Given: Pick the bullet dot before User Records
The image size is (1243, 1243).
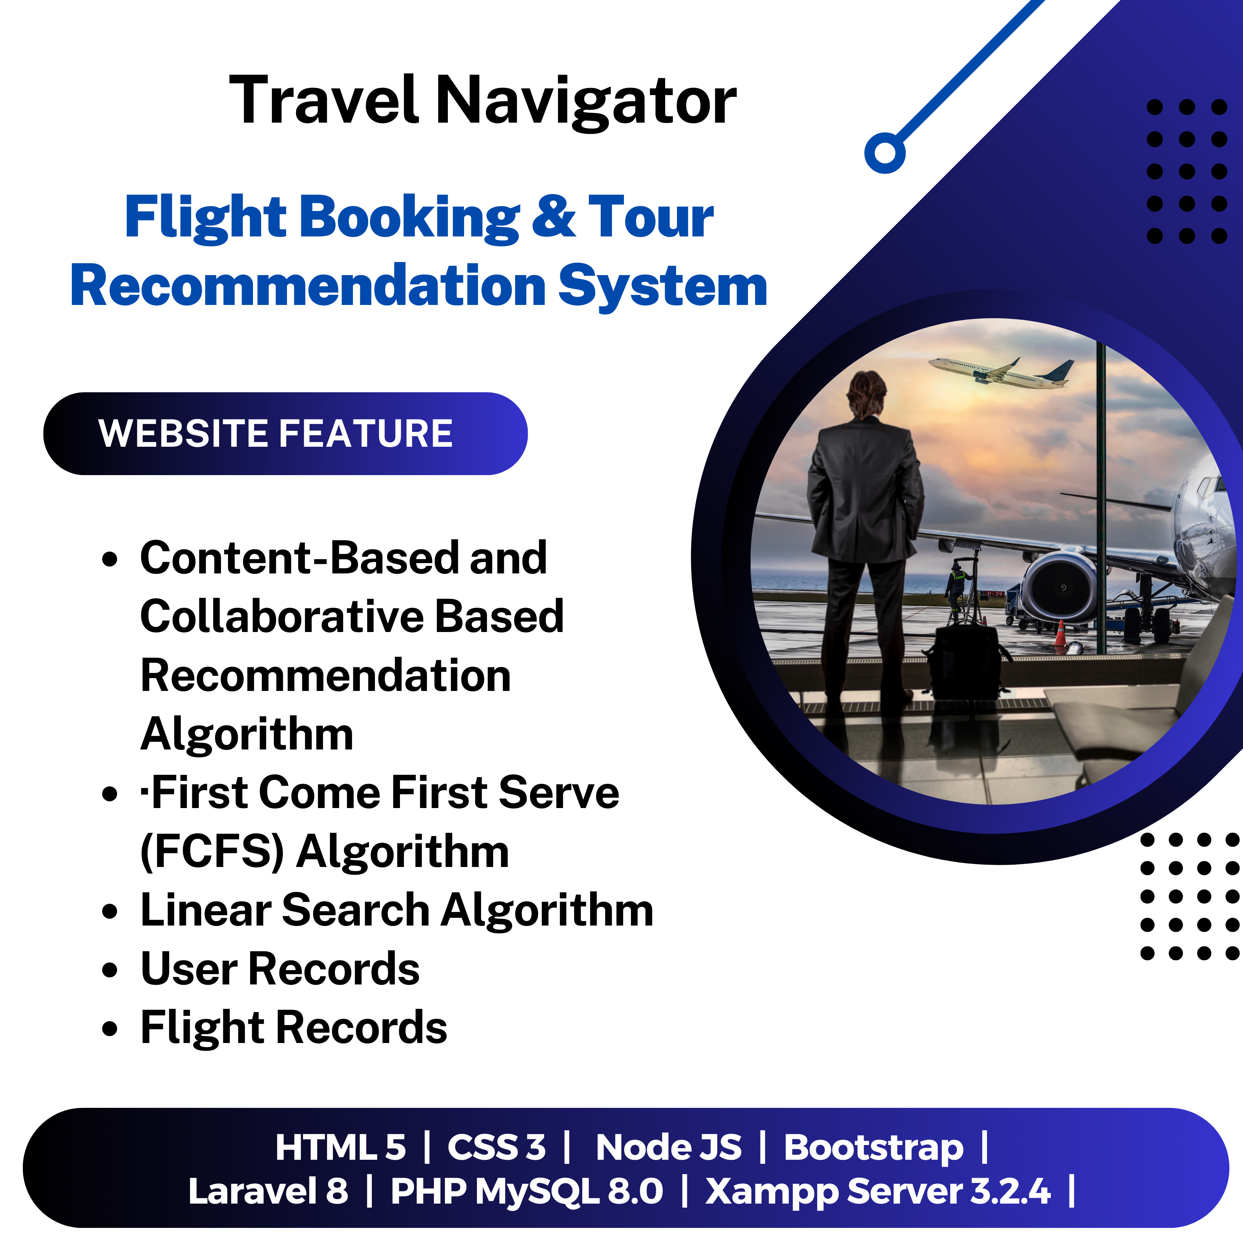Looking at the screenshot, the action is coord(110,970).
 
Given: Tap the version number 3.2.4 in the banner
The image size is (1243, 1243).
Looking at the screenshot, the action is coord(1010,1191).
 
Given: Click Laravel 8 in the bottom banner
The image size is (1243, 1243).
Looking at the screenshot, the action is coord(268,1191).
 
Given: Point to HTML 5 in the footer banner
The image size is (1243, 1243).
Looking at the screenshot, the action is coord(340,1147).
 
